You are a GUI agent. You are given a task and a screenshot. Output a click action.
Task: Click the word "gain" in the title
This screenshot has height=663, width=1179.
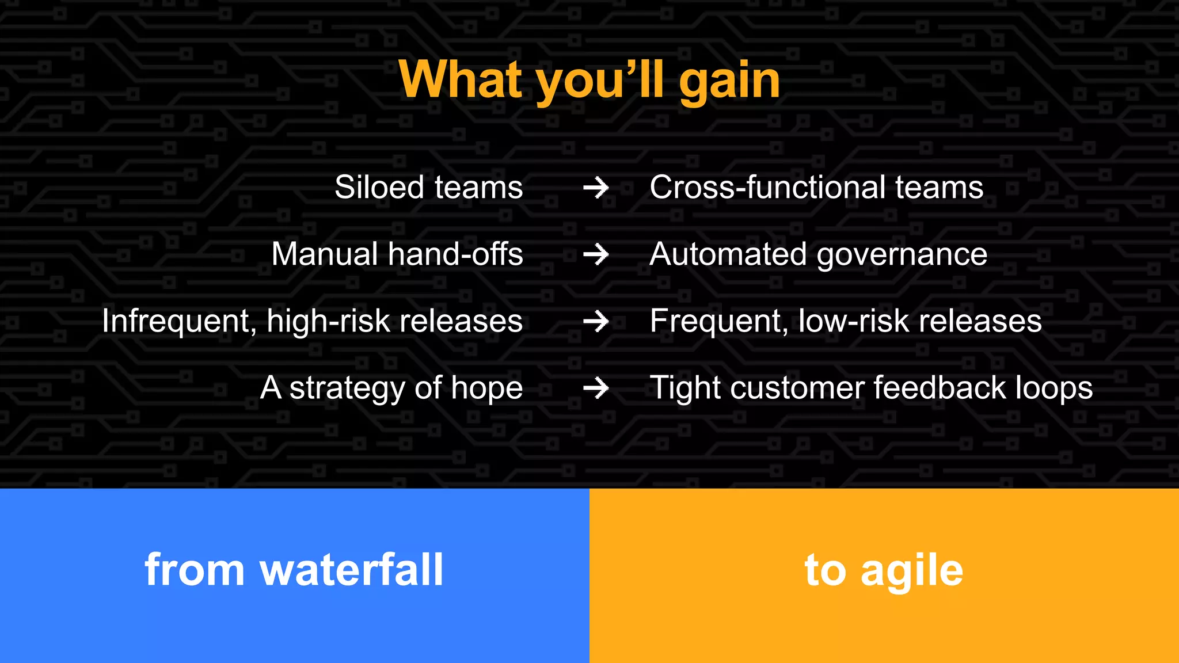[x=729, y=82]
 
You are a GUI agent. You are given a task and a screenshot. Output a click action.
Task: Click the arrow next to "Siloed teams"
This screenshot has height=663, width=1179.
[x=596, y=188]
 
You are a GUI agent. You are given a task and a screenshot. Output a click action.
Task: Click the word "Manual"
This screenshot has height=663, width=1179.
[x=325, y=254]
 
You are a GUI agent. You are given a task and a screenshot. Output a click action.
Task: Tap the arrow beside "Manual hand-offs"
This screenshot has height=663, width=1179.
[x=596, y=254]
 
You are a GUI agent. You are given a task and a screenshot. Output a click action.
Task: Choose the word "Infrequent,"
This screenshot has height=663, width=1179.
[x=179, y=321]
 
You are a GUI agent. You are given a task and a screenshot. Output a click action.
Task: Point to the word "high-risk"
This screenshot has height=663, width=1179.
[x=328, y=321]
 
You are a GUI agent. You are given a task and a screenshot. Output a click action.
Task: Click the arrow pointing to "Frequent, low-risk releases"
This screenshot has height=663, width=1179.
[x=596, y=321]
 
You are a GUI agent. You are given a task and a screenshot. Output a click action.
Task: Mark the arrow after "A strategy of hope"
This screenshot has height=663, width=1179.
[x=596, y=388]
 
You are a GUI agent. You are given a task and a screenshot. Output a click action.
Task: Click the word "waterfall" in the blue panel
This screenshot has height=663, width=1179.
[x=352, y=570]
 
